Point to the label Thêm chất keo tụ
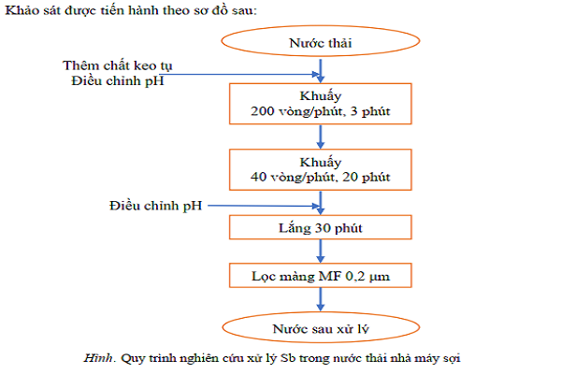tap(118, 65)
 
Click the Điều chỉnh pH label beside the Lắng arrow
tap(155, 206)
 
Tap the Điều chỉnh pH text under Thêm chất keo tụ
tap(118, 81)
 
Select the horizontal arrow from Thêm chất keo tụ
tap(239, 75)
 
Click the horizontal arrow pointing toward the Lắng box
tap(264, 206)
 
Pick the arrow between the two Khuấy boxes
tap(321, 137)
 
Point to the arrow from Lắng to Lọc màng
tap(321, 252)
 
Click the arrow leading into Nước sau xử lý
tap(321, 299)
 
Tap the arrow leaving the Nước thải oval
tap(321, 71)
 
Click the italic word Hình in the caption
tap(98, 358)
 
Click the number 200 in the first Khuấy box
tap(263, 111)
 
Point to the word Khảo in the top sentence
tap(22, 10)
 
